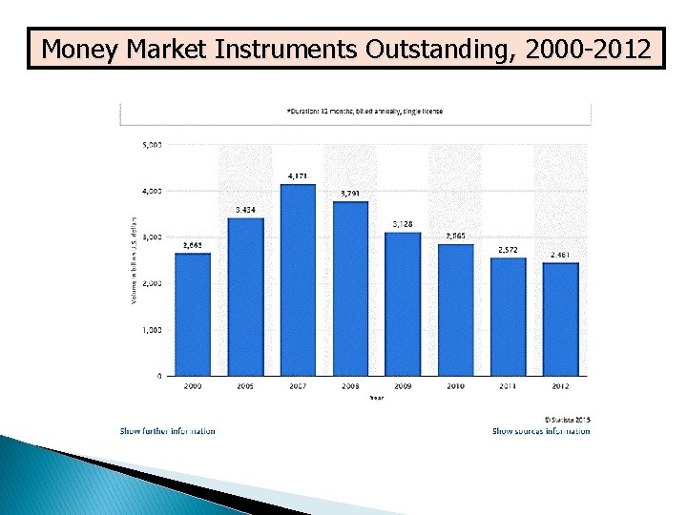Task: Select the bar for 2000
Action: coord(193,314)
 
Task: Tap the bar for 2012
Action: coord(561,319)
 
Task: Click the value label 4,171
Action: coord(298,176)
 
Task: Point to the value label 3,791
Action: coord(350,194)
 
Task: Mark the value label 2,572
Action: coord(509,250)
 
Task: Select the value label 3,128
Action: coord(403,224)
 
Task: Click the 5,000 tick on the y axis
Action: coord(152,145)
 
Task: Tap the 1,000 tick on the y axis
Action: coord(152,329)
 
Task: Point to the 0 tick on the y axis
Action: coord(157,376)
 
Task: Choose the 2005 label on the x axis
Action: coord(245,386)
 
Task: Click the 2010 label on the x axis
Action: coord(456,386)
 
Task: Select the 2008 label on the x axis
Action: coord(350,386)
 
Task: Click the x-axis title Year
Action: coord(377,398)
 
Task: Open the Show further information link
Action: coord(168,431)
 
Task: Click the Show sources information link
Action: coord(541,431)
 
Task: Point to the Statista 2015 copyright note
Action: coord(567,419)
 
